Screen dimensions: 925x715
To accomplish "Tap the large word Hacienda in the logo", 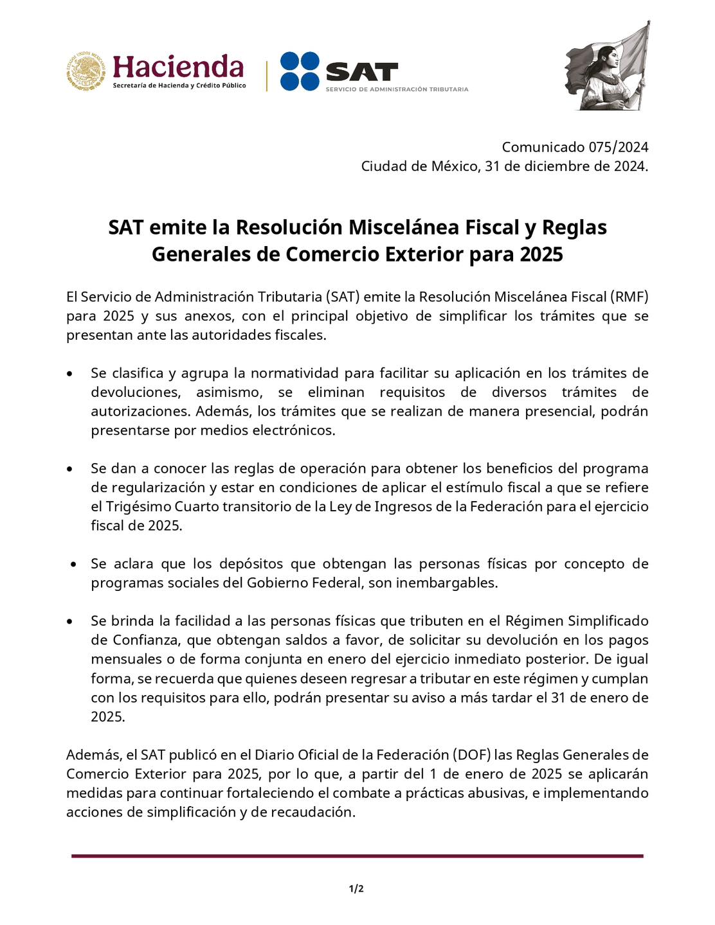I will (x=178, y=67).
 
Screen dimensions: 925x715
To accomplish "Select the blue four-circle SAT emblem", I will (x=300, y=71).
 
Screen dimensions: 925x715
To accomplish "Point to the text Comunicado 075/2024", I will (x=575, y=147).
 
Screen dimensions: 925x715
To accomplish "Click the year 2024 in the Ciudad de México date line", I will (x=630, y=166).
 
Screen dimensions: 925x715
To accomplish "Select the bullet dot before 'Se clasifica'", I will (x=69, y=374).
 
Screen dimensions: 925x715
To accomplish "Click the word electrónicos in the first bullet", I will (x=296, y=430).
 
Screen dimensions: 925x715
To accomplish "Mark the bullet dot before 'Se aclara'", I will (x=75, y=565).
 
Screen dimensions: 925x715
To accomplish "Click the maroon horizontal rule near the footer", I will (x=357, y=856).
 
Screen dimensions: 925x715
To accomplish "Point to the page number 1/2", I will (x=356, y=889).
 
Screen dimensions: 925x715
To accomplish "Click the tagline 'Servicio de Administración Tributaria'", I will (x=397, y=89).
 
